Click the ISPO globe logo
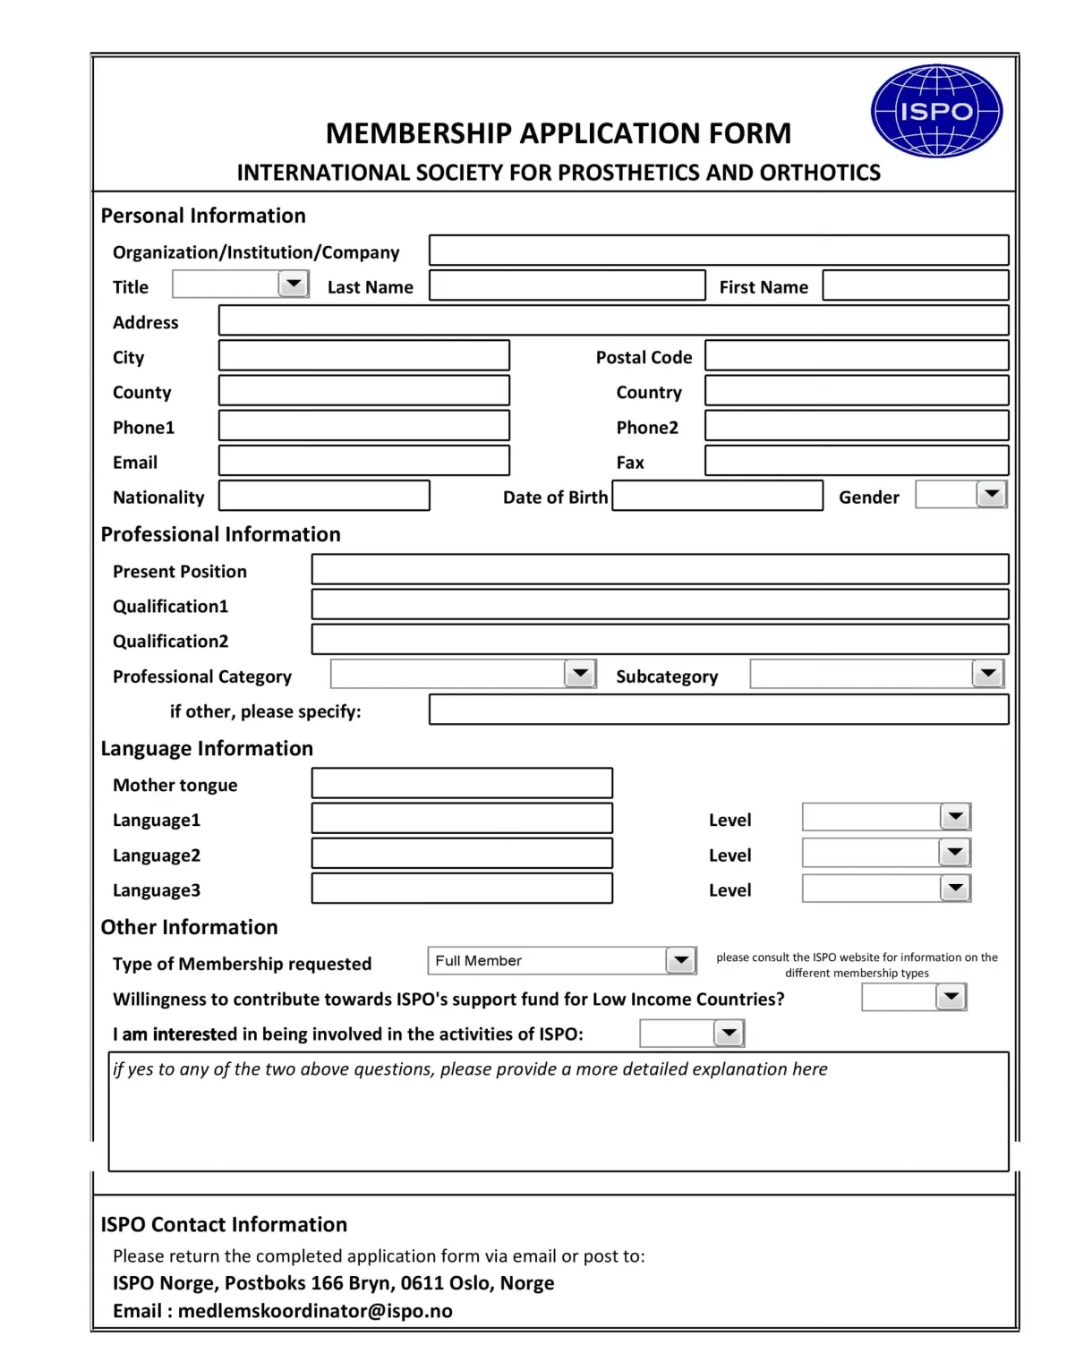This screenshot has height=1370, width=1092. [x=936, y=111]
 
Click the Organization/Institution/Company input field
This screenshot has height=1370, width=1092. [x=718, y=250]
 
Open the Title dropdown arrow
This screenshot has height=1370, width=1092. [x=293, y=285]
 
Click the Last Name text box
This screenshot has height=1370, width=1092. [x=567, y=285]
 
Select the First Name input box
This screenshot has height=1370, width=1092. [x=915, y=285]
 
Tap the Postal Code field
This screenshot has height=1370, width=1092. [x=856, y=355]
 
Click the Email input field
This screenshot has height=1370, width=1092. [x=363, y=461]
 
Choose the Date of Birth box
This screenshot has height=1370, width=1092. [x=717, y=496]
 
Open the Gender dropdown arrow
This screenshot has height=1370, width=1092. [x=991, y=494]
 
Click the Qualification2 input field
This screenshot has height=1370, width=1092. [x=660, y=640]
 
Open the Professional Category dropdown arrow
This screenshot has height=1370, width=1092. [x=580, y=673]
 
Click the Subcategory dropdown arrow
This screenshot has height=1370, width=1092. [x=987, y=673]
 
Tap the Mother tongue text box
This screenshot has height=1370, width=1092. [x=462, y=783]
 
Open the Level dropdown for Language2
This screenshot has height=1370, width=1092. [x=954, y=852]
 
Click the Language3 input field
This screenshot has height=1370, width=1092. [x=462, y=889]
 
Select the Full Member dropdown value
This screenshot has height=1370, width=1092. [x=548, y=960]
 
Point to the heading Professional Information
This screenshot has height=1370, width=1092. [x=220, y=534]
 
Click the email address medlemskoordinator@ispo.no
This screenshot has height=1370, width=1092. [x=315, y=1311]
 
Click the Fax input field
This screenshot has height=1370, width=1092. [x=856, y=461]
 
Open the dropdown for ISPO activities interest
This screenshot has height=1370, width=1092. [x=729, y=1034]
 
